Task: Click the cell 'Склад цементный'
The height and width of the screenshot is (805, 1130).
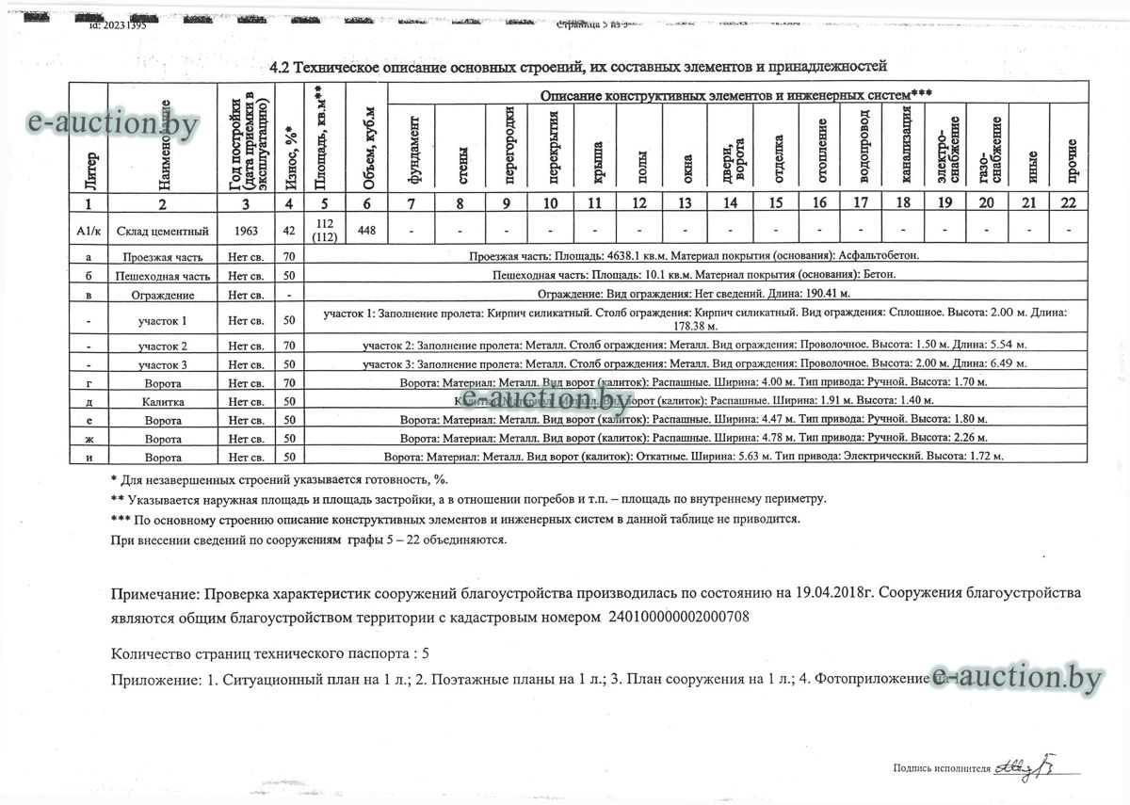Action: [162, 230]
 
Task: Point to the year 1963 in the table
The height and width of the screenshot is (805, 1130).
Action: [246, 230]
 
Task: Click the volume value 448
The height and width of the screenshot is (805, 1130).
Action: [366, 230]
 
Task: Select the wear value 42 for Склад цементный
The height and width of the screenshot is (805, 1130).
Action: [290, 230]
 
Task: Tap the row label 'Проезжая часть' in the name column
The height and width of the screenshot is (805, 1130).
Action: [162, 256]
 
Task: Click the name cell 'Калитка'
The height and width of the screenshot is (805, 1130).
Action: [162, 402]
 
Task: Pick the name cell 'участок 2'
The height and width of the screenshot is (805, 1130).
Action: [162, 346]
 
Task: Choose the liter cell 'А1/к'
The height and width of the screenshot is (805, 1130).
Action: [88, 230]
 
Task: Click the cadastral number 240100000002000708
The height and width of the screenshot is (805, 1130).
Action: [679, 617]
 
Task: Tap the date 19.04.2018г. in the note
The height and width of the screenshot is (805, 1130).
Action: [829, 594]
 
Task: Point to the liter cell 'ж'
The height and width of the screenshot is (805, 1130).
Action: [88, 439]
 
